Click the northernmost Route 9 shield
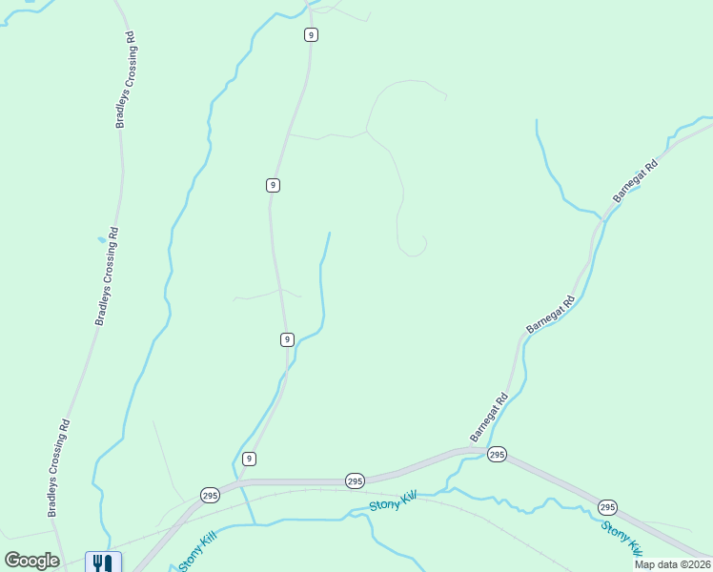(311, 34)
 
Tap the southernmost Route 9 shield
(249, 459)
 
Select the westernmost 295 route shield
(210, 494)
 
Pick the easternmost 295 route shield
(607, 506)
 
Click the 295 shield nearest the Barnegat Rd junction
(496, 454)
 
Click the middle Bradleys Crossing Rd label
(106, 276)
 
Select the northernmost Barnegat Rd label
(637, 180)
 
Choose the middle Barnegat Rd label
(552, 315)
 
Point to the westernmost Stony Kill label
(198, 551)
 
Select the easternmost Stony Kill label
(621, 538)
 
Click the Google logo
(31, 561)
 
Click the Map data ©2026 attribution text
(672, 564)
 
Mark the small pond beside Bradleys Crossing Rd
(101, 239)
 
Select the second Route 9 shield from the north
(273, 185)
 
